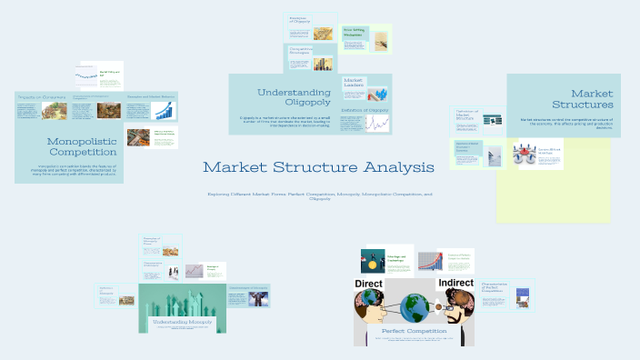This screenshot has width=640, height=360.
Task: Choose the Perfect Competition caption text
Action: pyautogui.click(x=413, y=332)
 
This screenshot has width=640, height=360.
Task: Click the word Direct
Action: pyautogui.click(x=375, y=285)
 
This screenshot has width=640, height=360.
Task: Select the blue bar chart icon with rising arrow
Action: pyautogui.click(x=164, y=112)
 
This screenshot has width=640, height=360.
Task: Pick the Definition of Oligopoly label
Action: pyautogui.click(x=364, y=110)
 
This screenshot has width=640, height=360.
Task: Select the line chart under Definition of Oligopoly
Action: pyautogui.click(x=375, y=124)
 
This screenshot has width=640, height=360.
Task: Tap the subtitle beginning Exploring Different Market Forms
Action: pyautogui.click(x=319, y=195)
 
